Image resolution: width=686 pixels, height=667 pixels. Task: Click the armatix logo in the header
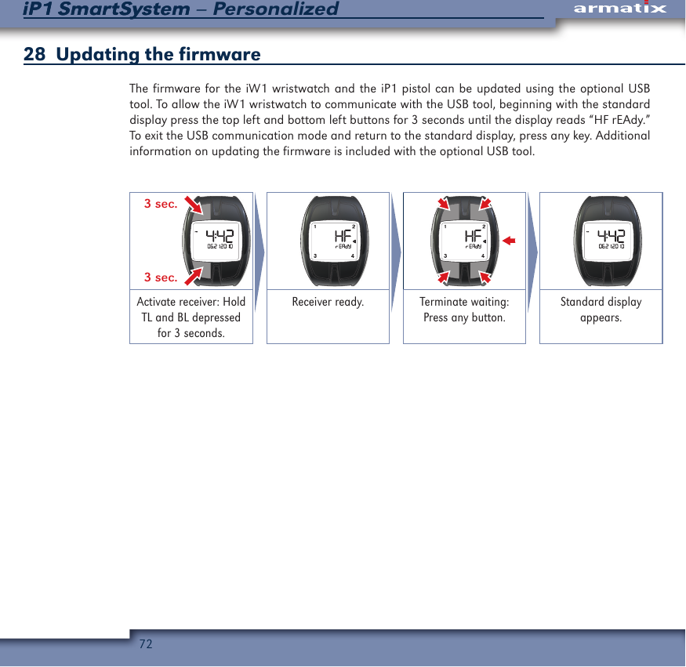(x=619, y=9)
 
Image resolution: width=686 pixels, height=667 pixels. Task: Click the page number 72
(x=145, y=644)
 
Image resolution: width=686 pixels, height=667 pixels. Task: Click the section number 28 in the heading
(x=34, y=55)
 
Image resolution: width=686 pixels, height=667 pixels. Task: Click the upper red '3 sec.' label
(x=161, y=204)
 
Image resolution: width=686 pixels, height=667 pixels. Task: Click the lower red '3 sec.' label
(x=161, y=277)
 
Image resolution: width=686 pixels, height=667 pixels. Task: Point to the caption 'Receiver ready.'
(x=328, y=302)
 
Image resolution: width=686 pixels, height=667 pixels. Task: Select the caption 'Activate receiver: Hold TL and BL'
(x=191, y=310)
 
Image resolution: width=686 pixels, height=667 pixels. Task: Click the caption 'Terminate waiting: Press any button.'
(x=464, y=310)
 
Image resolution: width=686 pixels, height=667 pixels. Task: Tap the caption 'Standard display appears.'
(x=601, y=310)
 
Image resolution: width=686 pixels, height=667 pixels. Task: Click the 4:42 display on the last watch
(x=612, y=235)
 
